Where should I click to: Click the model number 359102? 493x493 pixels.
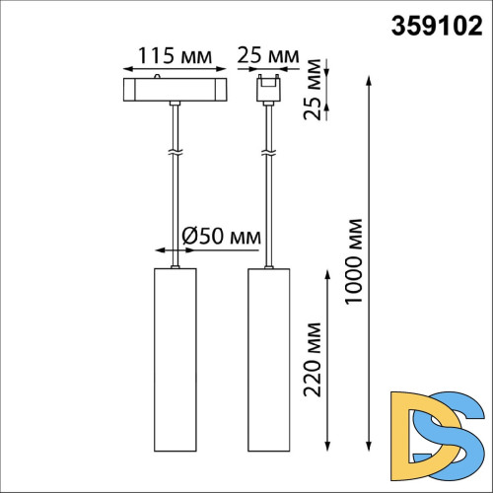point(438,26)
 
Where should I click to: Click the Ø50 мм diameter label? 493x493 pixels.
point(222,237)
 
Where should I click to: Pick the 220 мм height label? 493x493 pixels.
point(314,358)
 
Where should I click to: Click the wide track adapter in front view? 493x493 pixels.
point(175,88)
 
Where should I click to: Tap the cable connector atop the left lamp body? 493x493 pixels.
point(176,265)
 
